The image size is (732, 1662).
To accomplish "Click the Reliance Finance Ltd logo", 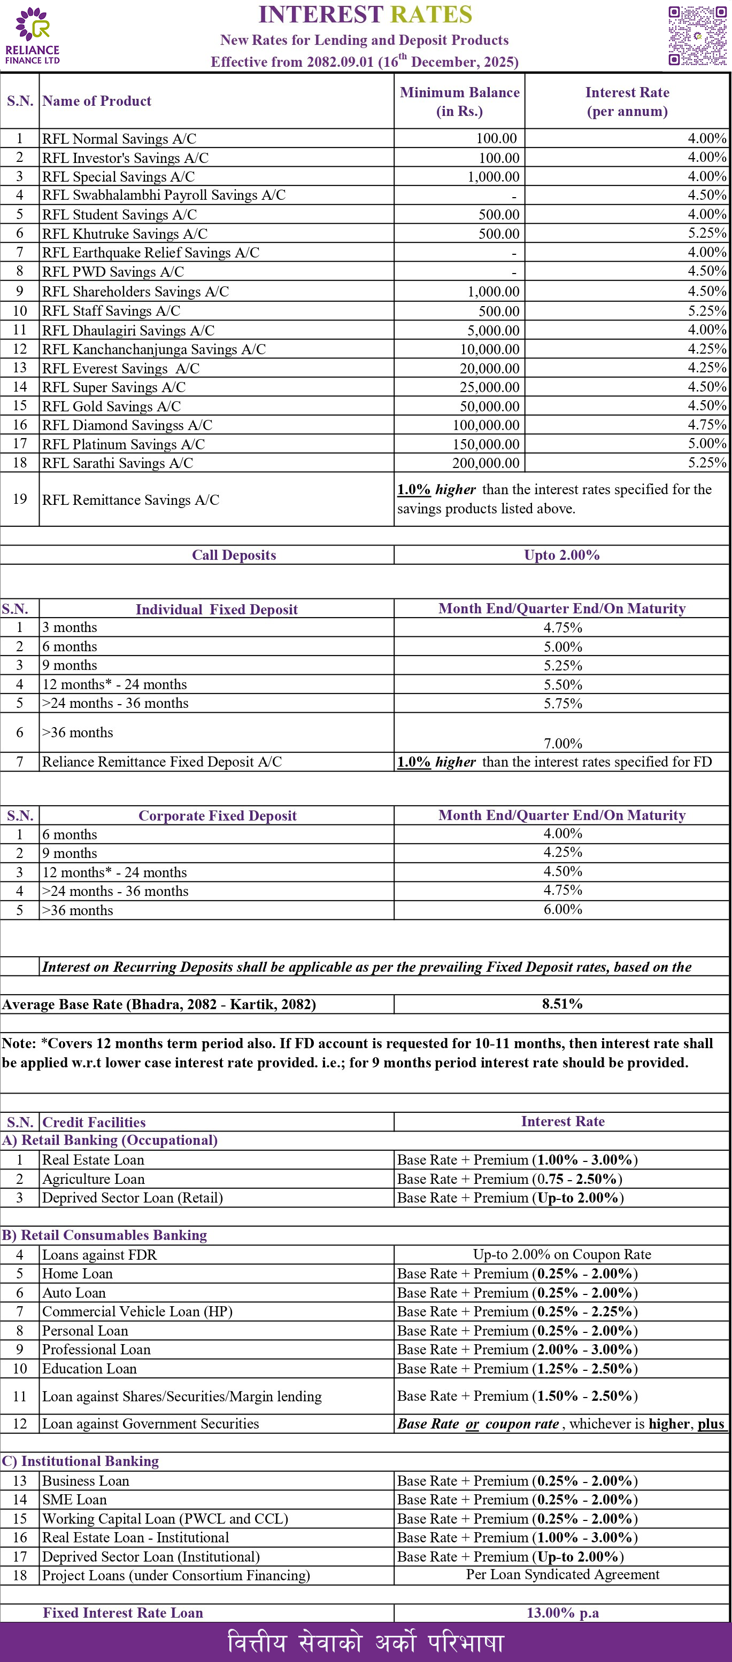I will click(x=32, y=35).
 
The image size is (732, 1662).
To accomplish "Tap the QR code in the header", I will click(x=697, y=35).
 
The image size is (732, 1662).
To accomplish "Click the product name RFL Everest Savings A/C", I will click(x=121, y=369).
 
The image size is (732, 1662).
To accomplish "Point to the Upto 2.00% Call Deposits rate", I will click(x=561, y=555).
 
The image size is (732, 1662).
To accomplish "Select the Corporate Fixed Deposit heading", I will click(x=217, y=816).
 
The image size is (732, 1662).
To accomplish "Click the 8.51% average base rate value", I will click(x=561, y=1004).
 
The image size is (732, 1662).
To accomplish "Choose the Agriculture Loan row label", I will click(x=93, y=1179).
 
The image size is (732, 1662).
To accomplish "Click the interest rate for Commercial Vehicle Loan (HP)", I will click(x=517, y=1311).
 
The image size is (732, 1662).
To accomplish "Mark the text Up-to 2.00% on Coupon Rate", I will click(x=561, y=1254).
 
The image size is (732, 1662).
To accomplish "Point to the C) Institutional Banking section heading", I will click(x=80, y=1461).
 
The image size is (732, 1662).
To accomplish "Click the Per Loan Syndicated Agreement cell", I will click(x=562, y=1575).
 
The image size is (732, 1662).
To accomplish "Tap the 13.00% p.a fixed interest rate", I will click(x=562, y=1613).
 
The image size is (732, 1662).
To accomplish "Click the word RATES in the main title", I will click(x=430, y=14).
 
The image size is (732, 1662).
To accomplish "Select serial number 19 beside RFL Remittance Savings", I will click(x=19, y=499).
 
